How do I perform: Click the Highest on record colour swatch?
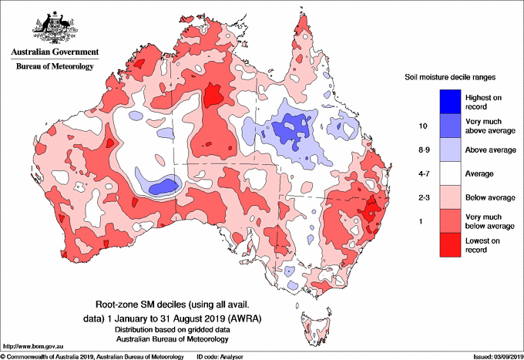450,102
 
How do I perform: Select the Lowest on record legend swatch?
450,245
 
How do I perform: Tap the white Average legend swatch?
450,173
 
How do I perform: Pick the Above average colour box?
450,150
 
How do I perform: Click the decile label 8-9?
424,150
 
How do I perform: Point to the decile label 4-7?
424,173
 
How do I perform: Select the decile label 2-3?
424,197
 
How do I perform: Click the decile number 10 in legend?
423,126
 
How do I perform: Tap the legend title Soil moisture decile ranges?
450,77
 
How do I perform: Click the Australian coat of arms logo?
55,28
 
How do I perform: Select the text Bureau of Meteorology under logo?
55,66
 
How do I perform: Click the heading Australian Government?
55,52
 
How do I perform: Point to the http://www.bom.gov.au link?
33,347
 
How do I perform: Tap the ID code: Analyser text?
220,357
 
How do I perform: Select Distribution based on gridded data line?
173,330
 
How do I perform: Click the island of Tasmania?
315,328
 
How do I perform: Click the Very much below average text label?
490,221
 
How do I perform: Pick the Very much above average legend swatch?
450,126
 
